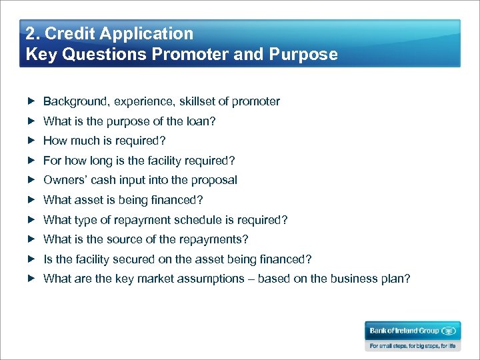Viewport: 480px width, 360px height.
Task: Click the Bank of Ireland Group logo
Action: tap(411, 330)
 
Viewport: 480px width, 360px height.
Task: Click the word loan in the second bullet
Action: tap(199, 121)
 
